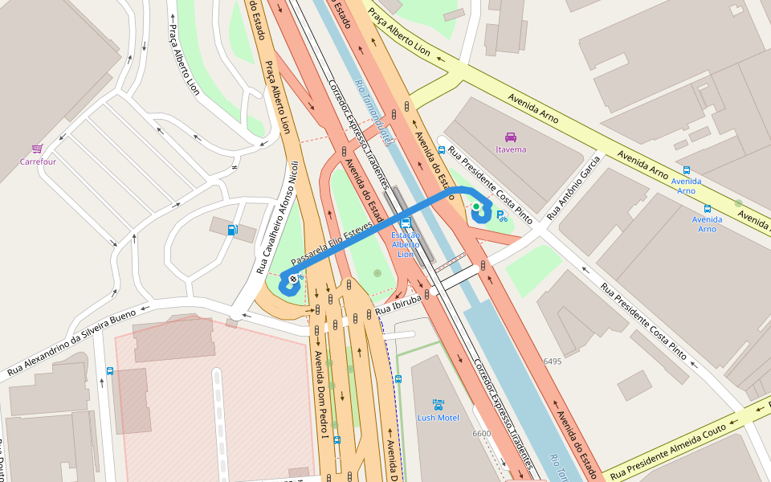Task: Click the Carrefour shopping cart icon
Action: coord(37,149)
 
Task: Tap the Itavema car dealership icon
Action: coord(510,137)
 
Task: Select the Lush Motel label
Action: coord(438,418)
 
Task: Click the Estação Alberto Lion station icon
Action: coord(406,222)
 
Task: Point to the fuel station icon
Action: coord(232,231)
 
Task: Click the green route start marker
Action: coord(475,206)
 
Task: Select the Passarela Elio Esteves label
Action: coord(332,245)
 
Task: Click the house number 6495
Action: coord(552,361)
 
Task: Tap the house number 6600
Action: coord(481,434)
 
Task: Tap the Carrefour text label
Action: coord(38,161)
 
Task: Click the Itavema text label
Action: coord(511,149)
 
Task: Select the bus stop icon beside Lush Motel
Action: coord(398,378)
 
